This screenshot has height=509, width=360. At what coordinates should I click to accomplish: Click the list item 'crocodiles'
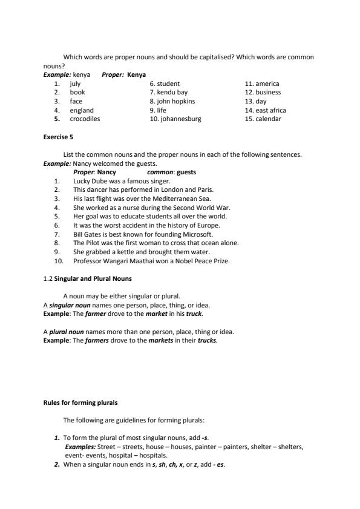(85, 119)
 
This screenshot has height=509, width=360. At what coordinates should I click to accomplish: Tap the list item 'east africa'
(270, 110)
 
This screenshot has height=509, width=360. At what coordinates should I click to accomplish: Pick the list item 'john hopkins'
(176, 102)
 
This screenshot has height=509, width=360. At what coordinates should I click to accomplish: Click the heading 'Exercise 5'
(58, 137)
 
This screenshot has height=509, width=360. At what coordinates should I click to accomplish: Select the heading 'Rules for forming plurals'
(80, 402)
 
